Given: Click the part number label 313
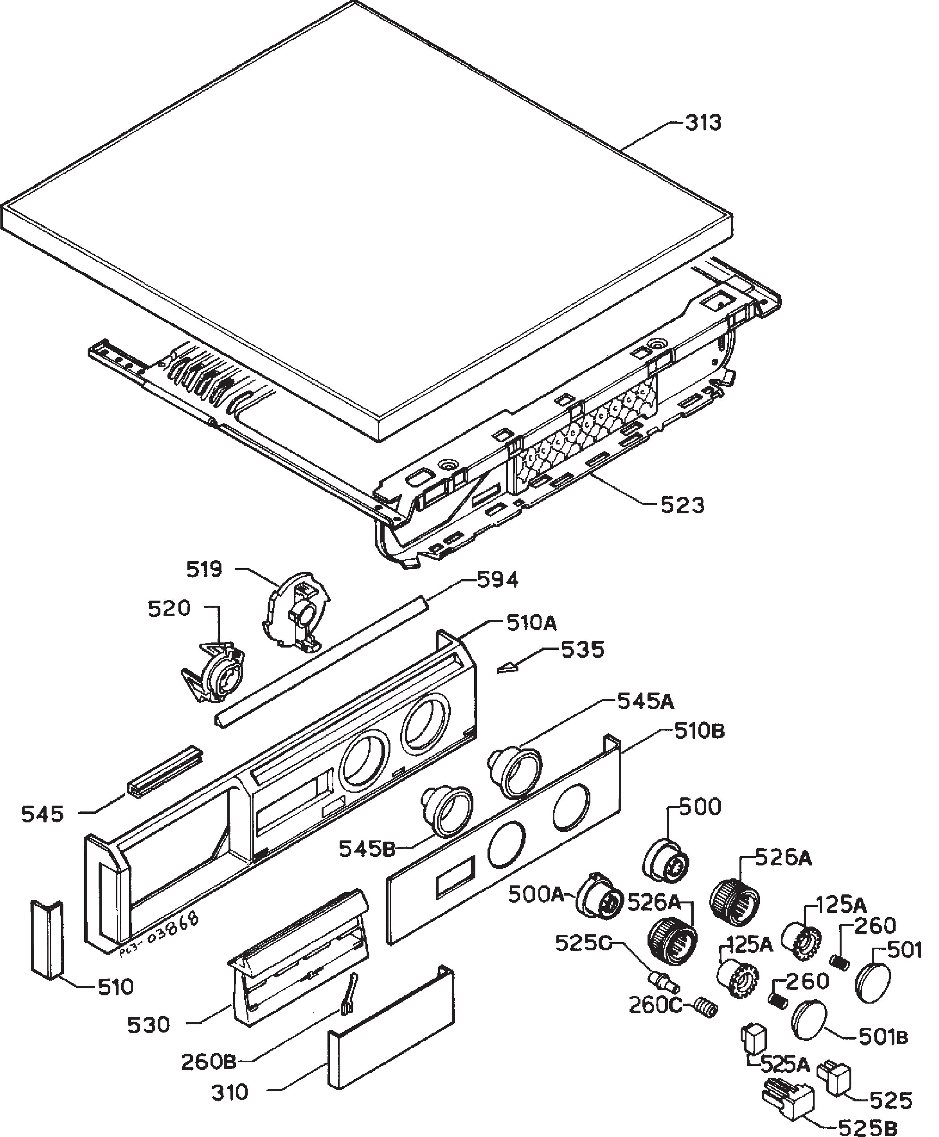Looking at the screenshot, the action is point(703,123).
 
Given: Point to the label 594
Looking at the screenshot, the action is point(497,580).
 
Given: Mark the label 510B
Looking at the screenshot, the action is point(700,732).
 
